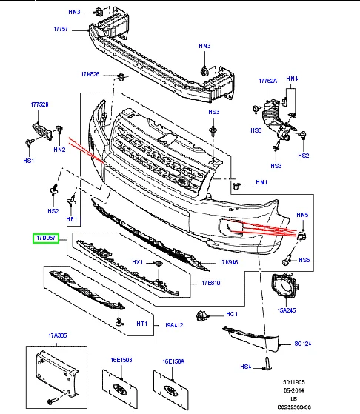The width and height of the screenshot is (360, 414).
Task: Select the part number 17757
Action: [60, 29]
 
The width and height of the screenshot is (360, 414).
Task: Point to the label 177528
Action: [40, 105]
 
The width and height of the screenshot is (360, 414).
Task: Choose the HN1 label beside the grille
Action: [261, 181]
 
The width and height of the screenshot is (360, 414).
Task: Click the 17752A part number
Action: [267, 80]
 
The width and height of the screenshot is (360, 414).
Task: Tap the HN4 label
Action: [292, 79]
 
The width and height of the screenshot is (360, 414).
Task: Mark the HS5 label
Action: [304, 260]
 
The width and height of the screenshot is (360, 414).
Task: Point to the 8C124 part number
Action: [304, 344]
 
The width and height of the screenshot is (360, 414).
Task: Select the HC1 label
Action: [230, 314]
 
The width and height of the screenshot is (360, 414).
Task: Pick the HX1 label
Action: [137, 262]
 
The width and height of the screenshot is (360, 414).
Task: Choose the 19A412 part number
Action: [176, 324]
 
